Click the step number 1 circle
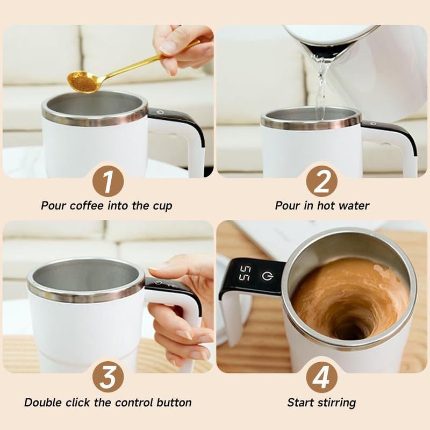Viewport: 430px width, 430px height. click(108, 182)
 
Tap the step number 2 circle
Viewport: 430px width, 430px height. click(321, 182)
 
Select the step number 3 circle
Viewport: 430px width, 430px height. click(108, 378)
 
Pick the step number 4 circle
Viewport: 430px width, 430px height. click(321, 378)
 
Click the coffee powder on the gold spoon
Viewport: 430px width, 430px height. click(82, 81)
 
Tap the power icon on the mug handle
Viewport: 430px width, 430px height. click(267, 276)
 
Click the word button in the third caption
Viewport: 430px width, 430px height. click(173, 403)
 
